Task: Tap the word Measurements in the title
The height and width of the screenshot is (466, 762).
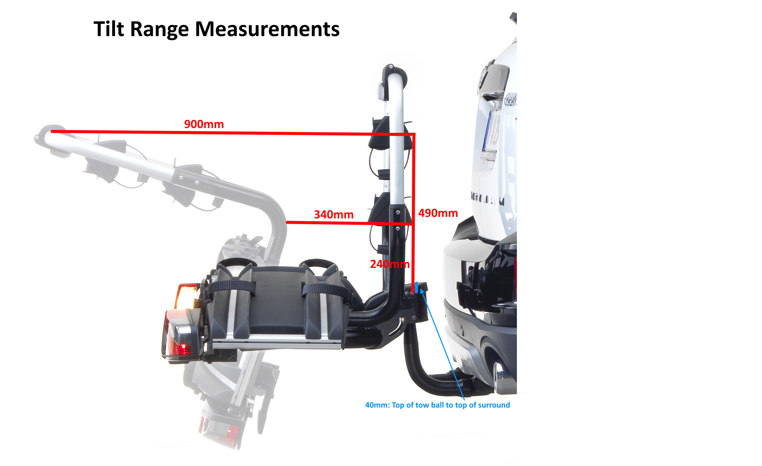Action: coord(267,29)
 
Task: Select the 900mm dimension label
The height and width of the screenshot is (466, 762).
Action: coord(204,124)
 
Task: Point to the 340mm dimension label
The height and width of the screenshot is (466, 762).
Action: coord(334,214)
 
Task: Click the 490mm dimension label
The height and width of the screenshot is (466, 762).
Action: coord(438,213)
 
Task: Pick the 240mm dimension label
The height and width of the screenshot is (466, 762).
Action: coord(390,264)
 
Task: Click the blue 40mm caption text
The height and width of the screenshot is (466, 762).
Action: coord(437,405)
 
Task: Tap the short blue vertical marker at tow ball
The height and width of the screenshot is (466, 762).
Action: coord(416,287)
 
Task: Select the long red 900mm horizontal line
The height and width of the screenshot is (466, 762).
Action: coord(233,133)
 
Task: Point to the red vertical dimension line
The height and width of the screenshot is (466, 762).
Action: coord(414,213)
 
